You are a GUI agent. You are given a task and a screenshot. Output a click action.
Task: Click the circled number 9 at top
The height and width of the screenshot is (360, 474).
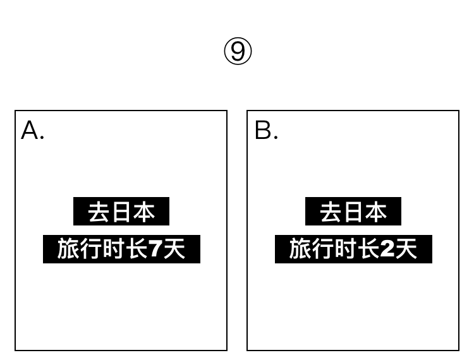coord(238,51)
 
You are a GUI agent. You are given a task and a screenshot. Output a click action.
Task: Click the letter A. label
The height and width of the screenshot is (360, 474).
coord(32,131)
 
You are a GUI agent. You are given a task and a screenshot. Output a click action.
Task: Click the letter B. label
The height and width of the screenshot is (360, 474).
coord(265,131)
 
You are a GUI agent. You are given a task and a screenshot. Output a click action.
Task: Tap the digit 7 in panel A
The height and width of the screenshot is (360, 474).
coord(155,249)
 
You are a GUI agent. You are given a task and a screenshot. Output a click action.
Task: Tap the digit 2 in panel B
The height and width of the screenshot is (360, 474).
coord(387,249)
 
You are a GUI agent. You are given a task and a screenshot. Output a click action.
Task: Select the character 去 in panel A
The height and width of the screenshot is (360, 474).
coord(99,212)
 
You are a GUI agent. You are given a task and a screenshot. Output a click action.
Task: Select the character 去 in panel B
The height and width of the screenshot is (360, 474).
coord(331,212)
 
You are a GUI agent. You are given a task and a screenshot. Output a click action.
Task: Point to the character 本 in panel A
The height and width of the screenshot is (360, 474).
coord(145,212)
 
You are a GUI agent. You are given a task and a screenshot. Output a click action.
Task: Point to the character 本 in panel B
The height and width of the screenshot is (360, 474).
coord(377,212)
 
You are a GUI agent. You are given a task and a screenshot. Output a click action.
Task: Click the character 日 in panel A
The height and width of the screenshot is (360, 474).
coord(121,212)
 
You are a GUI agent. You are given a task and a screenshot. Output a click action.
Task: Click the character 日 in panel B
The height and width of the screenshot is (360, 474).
coord(353,212)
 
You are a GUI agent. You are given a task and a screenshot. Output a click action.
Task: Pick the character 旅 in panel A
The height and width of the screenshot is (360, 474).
coord(68,249)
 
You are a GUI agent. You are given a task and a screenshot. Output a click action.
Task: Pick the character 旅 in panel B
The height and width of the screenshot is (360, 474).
coord(300,249)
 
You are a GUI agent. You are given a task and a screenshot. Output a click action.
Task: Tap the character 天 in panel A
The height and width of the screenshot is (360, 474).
coord(174,249)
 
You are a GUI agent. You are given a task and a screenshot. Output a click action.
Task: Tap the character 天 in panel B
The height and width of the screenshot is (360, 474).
coord(406,249)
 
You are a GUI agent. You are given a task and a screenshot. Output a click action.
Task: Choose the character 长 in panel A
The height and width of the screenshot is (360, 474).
coord(137,249)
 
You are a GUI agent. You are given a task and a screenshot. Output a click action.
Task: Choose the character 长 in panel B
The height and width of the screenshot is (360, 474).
coord(368,249)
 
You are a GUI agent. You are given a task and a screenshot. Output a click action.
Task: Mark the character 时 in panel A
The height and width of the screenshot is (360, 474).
coord(114,249)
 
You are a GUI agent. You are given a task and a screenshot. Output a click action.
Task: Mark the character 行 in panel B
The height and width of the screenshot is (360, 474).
coord(323,249)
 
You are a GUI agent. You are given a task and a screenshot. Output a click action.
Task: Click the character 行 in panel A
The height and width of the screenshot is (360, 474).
coord(91,249)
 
